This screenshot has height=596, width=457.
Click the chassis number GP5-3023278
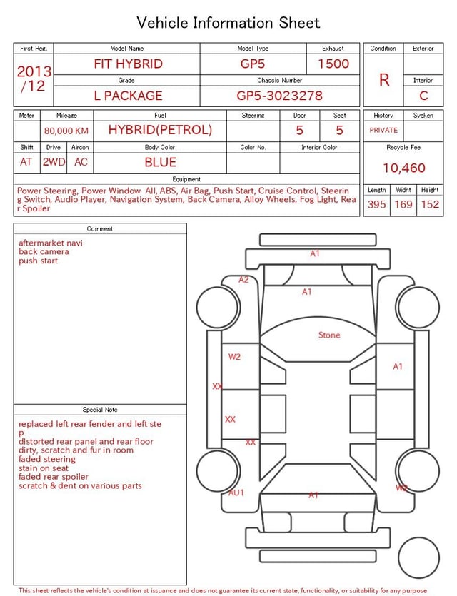[279, 96]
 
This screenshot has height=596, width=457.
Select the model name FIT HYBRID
[128, 64]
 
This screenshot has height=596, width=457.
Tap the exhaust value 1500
[333, 64]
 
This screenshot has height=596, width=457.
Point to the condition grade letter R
[384, 80]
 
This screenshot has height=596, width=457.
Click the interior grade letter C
[423, 96]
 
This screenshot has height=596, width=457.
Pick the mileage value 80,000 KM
[66, 131]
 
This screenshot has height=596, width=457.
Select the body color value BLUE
[160, 162]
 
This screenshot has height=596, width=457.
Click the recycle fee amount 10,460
[403, 168]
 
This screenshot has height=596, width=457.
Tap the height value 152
[430, 204]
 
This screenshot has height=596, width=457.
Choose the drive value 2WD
[54, 162]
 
